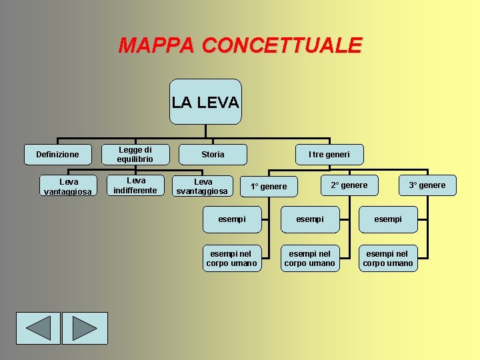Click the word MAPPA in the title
pyautogui.click(x=157, y=45)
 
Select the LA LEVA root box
pyautogui.click(x=205, y=102)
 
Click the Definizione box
pyautogui.click(x=57, y=155)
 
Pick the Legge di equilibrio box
pyautogui.click(x=135, y=155)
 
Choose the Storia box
pyautogui.click(x=213, y=155)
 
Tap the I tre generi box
pyautogui.click(x=329, y=155)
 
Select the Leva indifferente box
pyautogui.click(x=135, y=185)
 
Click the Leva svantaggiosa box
pyautogui.click(x=203, y=186)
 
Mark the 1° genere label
pyautogui.click(x=269, y=187)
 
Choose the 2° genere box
pyautogui.click(x=349, y=185)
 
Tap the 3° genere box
pyautogui.click(x=427, y=185)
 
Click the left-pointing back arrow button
pyautogui.click(x=38, y=328)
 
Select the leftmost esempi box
pyautogui.click(x=232, y=219)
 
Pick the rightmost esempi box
pyautogui.click(x=388, y=219)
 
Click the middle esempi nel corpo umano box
pyautogui.click(x=310, y=259)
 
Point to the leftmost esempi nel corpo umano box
pyautogui.click(x=231, y=259)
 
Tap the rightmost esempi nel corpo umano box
pyautogui.click(x=388, y=259)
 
